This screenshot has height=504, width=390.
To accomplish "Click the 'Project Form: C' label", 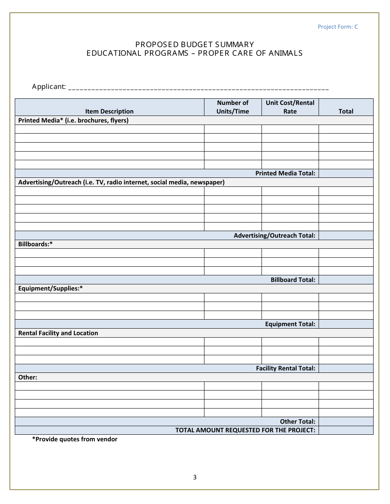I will tap(337, 27).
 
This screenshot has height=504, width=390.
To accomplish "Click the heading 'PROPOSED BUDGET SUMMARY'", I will tap(195, 44).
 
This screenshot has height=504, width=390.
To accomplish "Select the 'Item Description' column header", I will tap(109, 111).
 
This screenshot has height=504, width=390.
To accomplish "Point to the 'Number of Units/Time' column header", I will tap(233, 107).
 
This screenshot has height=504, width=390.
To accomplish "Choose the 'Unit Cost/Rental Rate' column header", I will tap(290, 107).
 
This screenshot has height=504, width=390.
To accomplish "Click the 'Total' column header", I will tap(346, 111).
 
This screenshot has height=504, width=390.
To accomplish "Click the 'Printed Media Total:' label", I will tap(285, 173).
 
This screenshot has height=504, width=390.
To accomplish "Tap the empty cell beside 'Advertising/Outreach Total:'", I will tap(346, 236).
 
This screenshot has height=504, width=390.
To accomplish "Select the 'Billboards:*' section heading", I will tap(36, 244).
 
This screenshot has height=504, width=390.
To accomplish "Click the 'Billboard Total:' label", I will tap(293, 280).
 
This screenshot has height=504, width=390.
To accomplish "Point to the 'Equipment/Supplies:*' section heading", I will tap(50, 288).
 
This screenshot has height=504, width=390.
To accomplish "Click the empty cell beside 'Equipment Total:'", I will tap(346, 324).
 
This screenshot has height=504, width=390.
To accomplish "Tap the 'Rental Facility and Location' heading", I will tap(58, 333).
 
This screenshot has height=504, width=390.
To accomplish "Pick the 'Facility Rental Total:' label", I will tap(285, 368).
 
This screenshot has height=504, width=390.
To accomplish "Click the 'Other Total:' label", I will tap(298, 422).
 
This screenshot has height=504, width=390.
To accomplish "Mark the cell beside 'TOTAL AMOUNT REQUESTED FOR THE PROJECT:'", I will tap(346, 430).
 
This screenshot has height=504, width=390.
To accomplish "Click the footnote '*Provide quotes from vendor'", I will tap(75, 439).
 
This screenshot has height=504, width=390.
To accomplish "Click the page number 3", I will tap(195, 477).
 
